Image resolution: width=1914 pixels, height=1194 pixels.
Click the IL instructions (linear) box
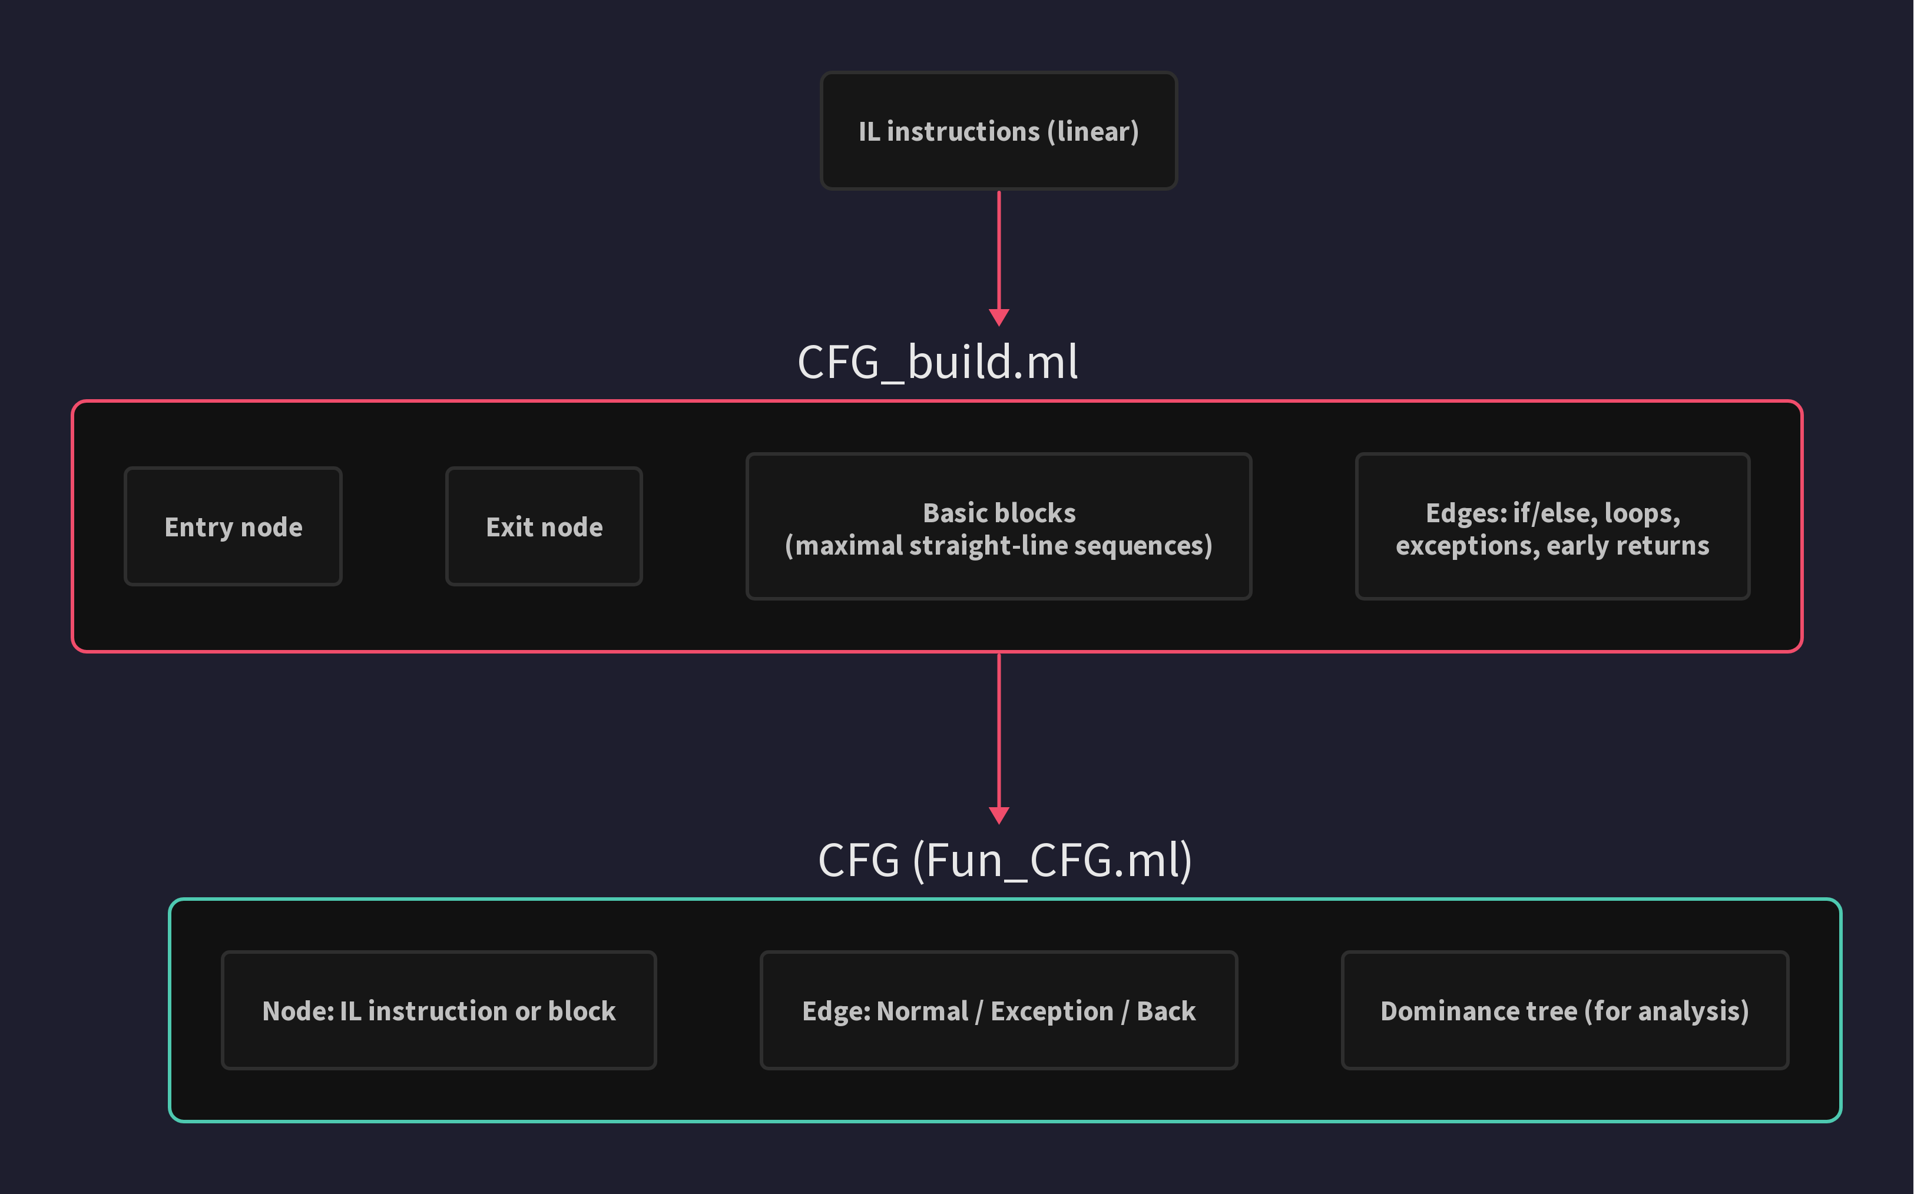pos(998,131)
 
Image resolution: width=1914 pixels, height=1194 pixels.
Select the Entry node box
pos(233,527)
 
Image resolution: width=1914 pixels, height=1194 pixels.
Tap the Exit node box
pos(544,527)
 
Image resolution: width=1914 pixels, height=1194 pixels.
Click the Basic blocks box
pos(998,527)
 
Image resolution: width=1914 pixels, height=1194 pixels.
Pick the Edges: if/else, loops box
pos(1552,527)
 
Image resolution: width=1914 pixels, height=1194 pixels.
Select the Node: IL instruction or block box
pos(438,1011)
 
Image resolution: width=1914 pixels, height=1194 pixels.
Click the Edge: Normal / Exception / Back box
pos(998,1011)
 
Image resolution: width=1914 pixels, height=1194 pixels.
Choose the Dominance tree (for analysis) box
pos(1564,1011)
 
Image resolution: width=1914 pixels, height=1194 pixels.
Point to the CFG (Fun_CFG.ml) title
pos(1005,860)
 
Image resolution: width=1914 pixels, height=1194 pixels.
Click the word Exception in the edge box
pos(1051,1011)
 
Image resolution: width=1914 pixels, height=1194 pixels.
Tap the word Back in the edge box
pos(1166,1011)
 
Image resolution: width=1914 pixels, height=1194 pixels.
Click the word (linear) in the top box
pos(1093,132)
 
